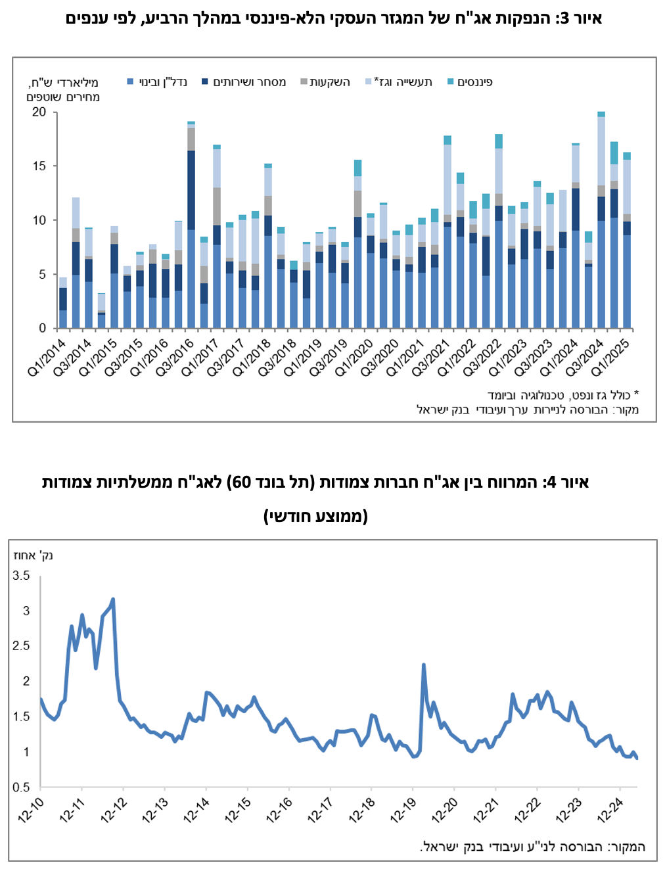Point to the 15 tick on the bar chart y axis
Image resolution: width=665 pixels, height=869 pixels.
(x=39, y=166)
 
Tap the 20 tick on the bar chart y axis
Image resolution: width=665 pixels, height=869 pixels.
(x=39, y=112)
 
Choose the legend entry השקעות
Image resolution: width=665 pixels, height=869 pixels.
(x=325, y=82)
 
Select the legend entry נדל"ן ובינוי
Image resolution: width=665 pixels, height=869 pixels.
(x=157, y=82)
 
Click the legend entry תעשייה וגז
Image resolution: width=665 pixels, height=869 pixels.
(x=399, y=82)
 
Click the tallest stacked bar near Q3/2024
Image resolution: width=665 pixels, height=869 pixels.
(x=601, y=220)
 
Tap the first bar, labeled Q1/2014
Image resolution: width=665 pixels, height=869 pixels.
(x=62, y=303)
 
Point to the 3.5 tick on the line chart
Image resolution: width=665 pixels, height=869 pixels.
(x=21, y=575)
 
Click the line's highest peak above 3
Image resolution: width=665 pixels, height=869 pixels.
(x=113, y=599)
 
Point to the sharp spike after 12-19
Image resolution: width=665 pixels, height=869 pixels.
(x=424, y=665)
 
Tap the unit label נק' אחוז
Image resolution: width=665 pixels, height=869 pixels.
(x=34, y=555)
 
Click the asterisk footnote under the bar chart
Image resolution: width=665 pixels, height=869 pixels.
(x=562, y=395)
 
